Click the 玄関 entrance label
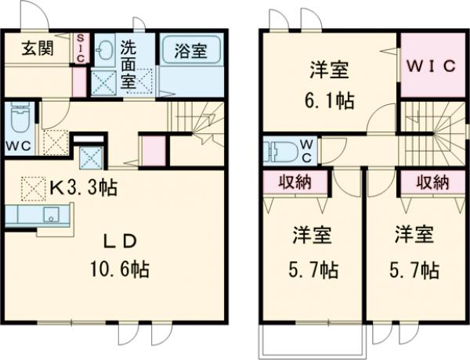(x=37, y=49)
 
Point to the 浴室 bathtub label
(x=191, y=52)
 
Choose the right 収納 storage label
(x=430, y=182)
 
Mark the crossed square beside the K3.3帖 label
(x=34, y=188)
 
